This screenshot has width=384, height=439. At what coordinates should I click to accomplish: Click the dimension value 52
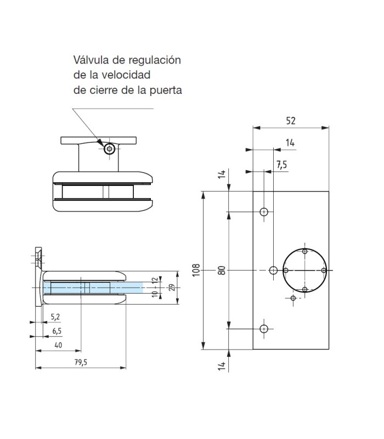[x=290, y=121]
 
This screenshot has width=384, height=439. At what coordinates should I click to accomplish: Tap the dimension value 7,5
[x=281, y=165]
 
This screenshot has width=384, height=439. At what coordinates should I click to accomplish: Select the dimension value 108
[x=196, y=269]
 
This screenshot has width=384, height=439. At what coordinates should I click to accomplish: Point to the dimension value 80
[x=222, y=269]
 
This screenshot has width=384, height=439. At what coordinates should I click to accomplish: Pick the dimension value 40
[x=58, y=344]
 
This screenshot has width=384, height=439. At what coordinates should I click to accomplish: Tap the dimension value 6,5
[x=57, y=330]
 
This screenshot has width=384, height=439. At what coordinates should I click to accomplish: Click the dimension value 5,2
[x=55, y=317]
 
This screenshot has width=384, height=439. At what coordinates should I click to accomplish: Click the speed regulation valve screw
[x=110, y=149]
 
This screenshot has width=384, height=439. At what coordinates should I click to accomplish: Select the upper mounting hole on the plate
[x=264, y=211]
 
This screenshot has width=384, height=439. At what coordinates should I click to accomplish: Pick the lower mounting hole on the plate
[x=264, y=329]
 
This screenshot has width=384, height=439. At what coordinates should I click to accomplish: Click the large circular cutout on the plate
[x=304, y=269]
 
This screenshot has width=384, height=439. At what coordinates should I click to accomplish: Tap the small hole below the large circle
[x=293, y=298]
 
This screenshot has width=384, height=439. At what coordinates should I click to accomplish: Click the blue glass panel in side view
[x=93, y=288]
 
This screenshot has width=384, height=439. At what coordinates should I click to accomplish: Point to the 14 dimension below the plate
[x=222, y=367]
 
